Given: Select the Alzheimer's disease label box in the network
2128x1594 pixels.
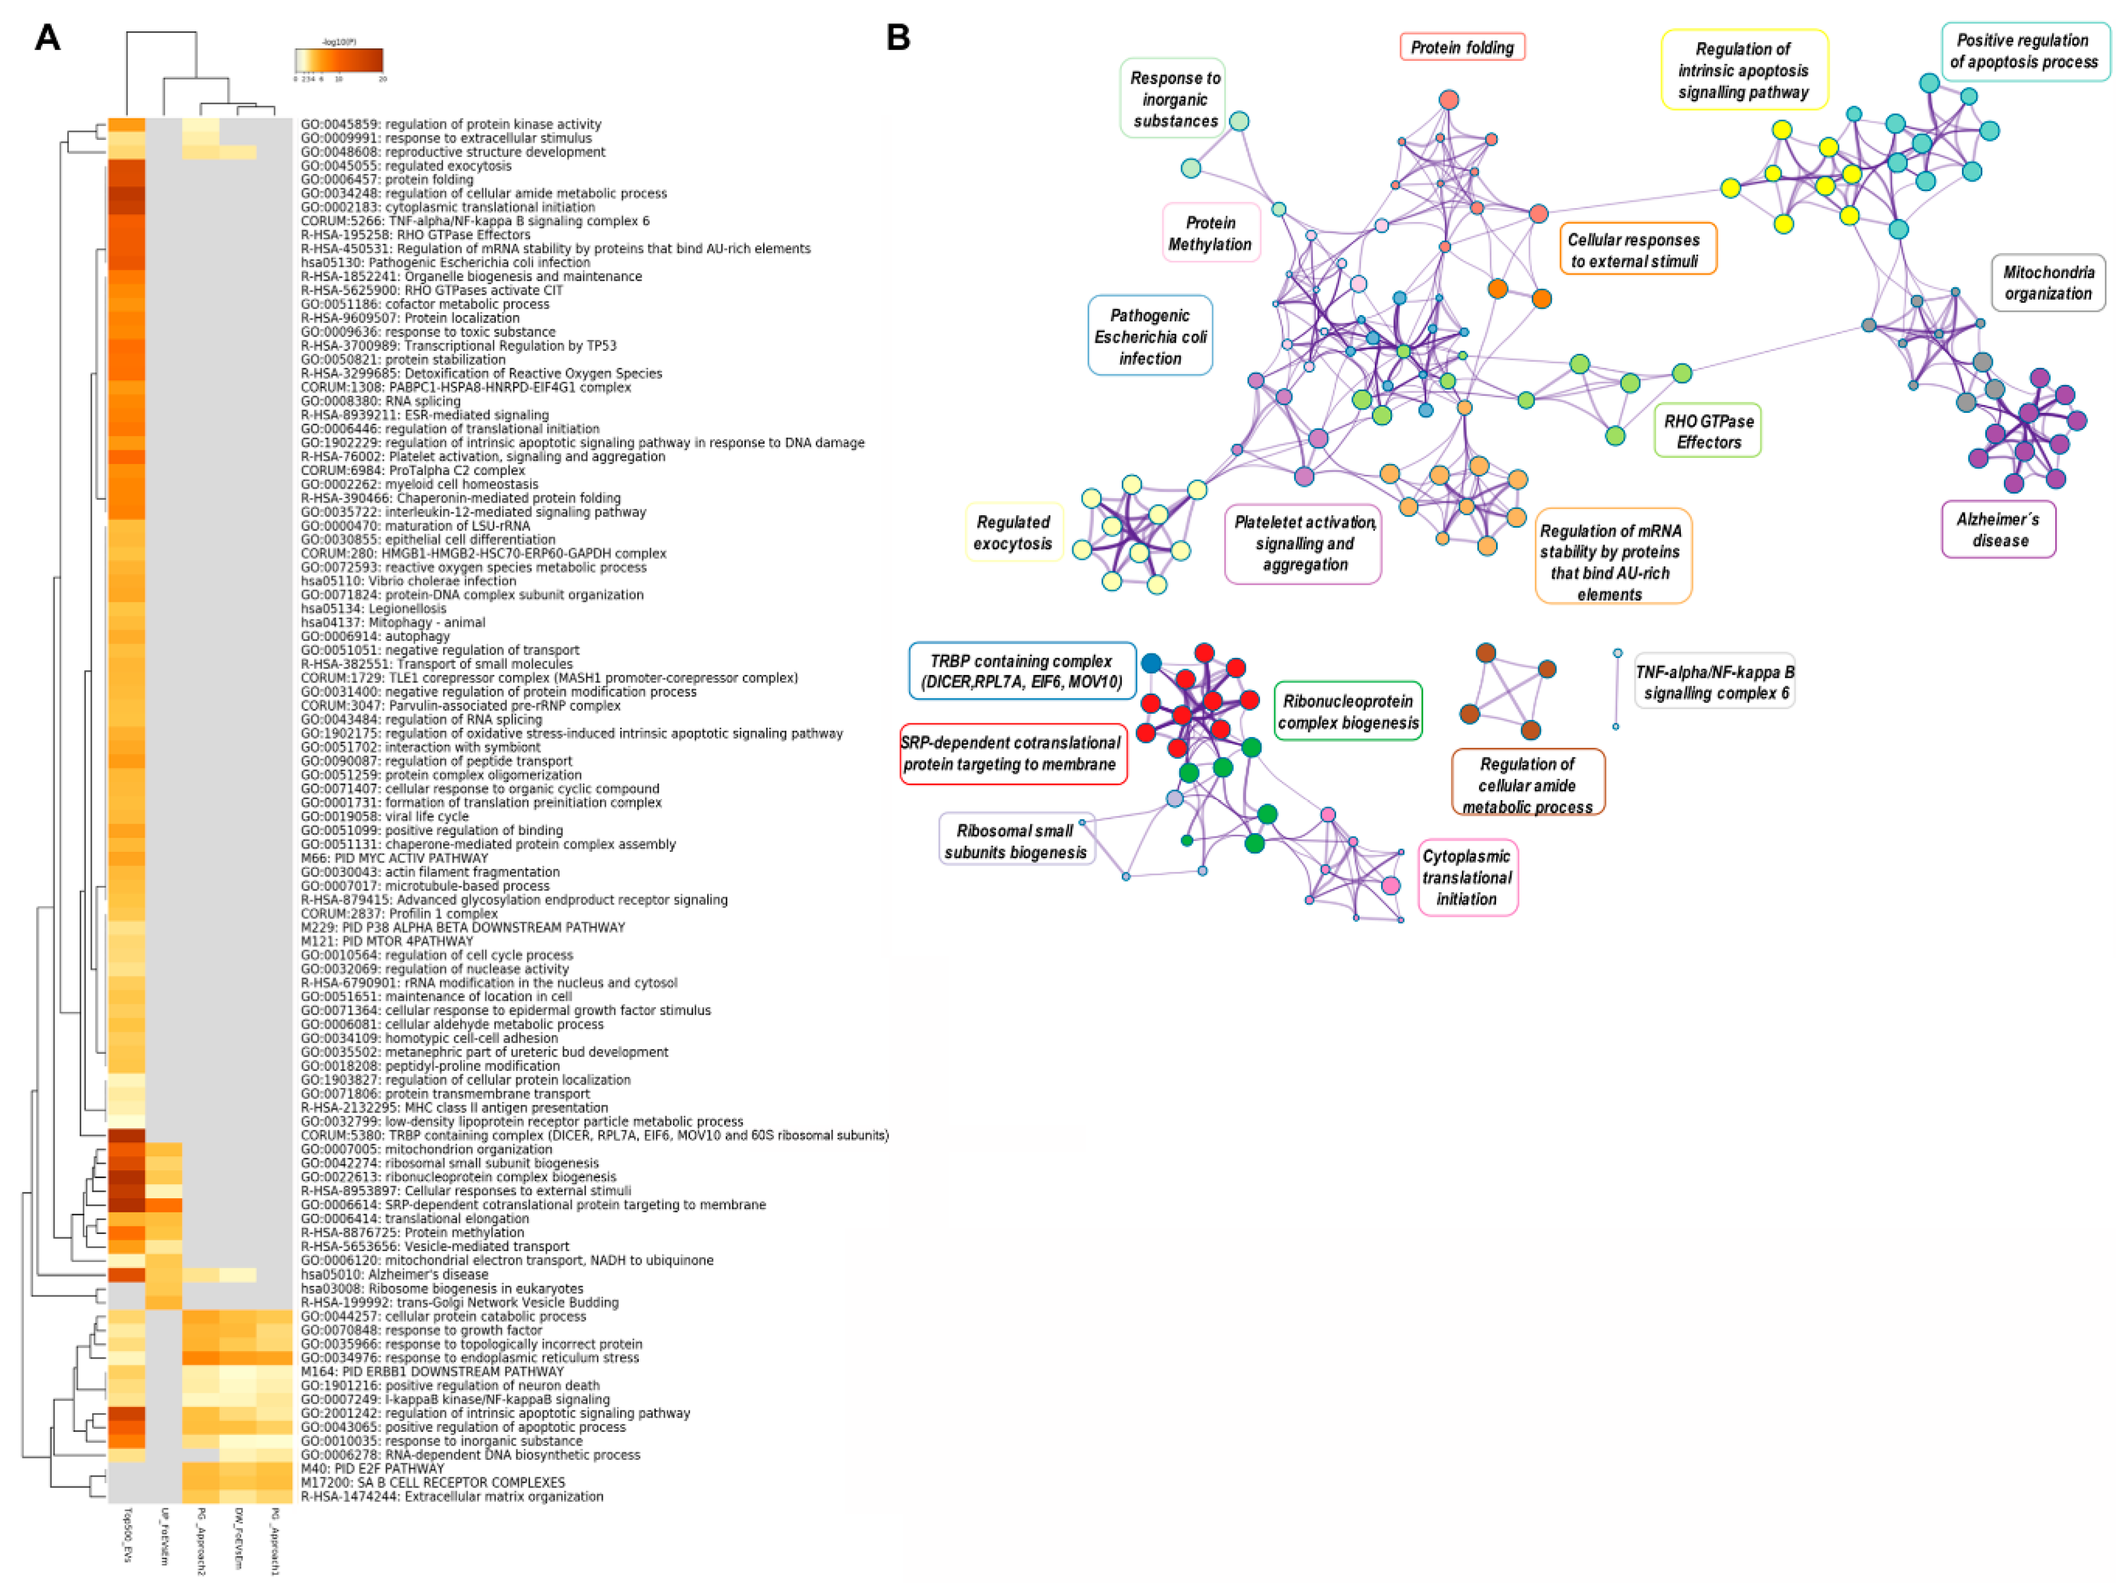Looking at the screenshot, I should [1998, 529].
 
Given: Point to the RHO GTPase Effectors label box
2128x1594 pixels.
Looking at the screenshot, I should [1708, 431].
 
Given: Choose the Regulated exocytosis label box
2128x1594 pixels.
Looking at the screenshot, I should [1013, 532].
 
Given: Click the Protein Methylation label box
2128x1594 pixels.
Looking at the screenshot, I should [1210, 233].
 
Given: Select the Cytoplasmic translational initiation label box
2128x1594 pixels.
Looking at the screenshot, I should [1467, 877].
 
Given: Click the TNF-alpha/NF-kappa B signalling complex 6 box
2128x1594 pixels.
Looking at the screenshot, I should [1714, 682].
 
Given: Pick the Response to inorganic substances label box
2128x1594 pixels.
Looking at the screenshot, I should [1175, 99].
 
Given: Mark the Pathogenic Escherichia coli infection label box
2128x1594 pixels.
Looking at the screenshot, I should [1150, 336].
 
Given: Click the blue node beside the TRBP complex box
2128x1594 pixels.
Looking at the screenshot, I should [1151, 663].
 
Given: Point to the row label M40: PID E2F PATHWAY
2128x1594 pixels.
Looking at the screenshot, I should [373, 1469].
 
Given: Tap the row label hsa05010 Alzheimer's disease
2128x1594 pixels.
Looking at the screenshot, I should [394, 1274].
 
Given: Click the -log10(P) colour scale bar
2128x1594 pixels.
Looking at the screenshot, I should [338, 61].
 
